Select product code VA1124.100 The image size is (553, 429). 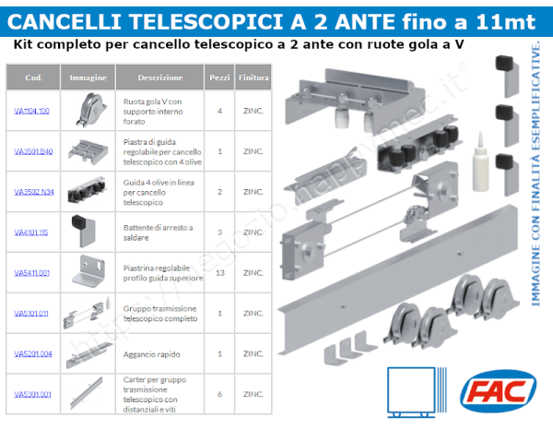point(31,111)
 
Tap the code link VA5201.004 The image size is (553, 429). point(31,354)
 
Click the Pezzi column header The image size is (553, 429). point(219,78)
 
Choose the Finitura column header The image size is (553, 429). point(253,78)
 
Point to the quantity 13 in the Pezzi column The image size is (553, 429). point(219,273)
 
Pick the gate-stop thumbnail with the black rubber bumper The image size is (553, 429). point(88,231)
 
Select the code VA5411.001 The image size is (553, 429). point(31,273)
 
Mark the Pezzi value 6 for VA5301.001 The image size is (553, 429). point(219,394)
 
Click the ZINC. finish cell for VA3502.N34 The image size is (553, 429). point(253,192)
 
